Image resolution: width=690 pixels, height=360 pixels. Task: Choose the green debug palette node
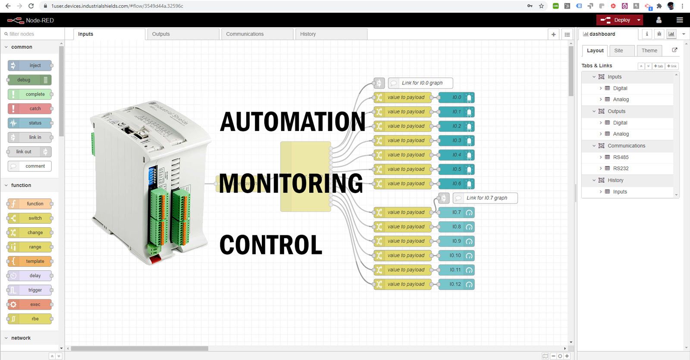(29, 80)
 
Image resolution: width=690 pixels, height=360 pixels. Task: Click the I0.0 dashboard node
(456, 97)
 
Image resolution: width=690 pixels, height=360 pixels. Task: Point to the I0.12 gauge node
(456, 285)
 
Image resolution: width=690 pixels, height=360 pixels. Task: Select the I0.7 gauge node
(456, 213)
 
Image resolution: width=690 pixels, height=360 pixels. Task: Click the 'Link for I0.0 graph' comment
(421, 83)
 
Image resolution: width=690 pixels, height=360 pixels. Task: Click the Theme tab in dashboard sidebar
(649, 50)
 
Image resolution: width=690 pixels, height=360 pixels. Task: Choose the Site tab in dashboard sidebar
(618, 50)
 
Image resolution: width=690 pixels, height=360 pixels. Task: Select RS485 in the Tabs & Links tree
(621, 157)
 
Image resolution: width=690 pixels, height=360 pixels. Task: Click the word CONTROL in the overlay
(271, 245)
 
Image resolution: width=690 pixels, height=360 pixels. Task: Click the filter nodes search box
(32, 34)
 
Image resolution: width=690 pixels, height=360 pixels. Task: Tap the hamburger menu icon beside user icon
(680, 20)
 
